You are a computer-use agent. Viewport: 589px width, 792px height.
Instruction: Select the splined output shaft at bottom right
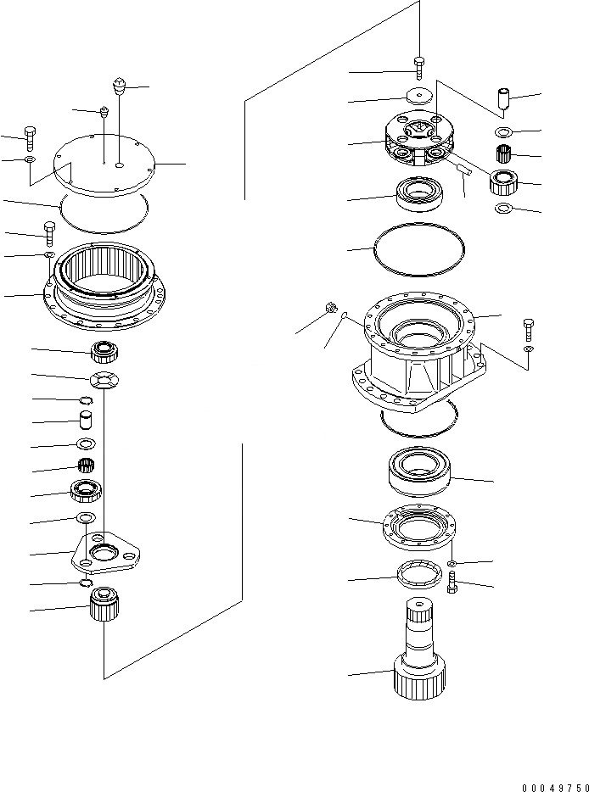click(x=419, y=648)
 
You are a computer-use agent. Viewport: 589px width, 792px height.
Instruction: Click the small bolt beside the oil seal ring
click(x=452, y=583)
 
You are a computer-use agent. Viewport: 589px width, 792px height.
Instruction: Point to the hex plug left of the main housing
click(x=330, y=310)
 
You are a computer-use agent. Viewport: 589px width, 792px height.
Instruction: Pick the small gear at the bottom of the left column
click(x=104, y=605)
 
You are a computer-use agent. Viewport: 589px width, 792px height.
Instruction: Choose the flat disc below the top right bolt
click(x=418, y=98)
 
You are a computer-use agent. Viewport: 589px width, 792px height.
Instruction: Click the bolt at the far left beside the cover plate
click(x=31, y=135)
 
